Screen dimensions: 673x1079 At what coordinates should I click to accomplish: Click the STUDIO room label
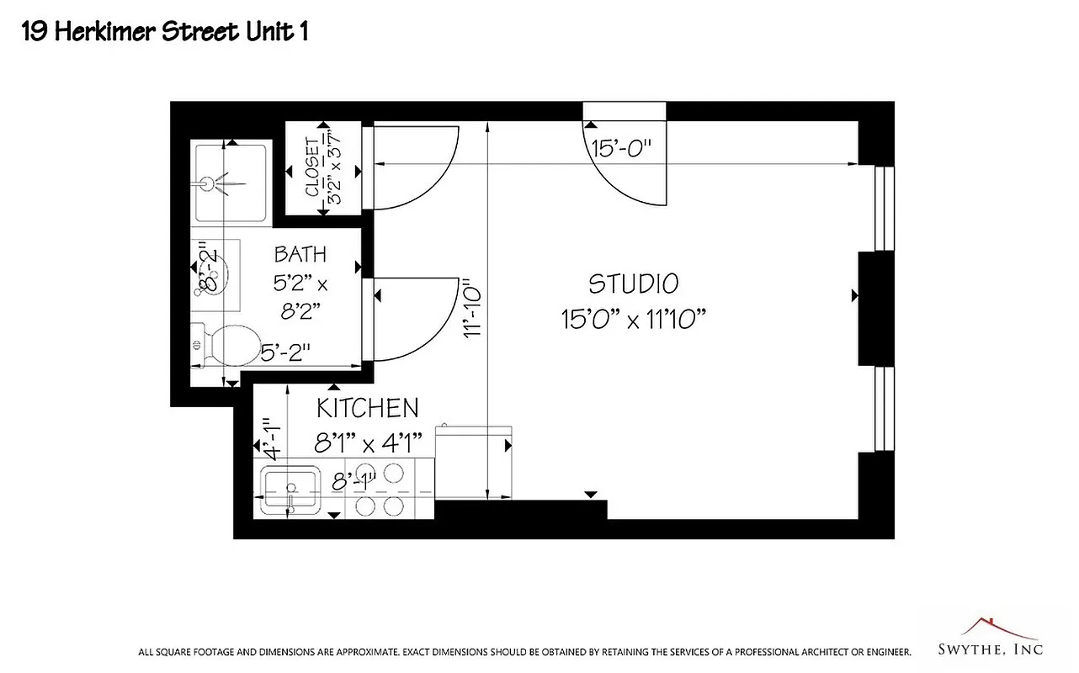point(633,284)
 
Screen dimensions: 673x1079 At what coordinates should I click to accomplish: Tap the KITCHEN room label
point(367,408)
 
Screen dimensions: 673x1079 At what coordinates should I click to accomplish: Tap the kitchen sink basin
point(290,487)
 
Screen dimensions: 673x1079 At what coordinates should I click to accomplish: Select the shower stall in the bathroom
point(230,182)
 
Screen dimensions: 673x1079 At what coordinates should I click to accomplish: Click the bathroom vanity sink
point(215,274)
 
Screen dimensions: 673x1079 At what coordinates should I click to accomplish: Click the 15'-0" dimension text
point(622,150)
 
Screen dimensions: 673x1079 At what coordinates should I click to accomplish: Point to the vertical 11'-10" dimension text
point(472,309)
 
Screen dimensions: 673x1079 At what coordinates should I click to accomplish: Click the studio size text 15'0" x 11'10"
point(633,320)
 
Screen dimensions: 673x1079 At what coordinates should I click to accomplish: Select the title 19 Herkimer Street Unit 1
point(164,33)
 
